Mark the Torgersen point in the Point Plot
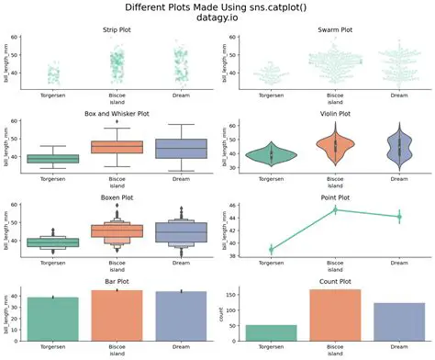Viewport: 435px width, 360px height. click(271, 249)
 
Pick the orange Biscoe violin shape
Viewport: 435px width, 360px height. click(334, 144)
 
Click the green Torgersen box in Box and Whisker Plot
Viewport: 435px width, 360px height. click(54, 158)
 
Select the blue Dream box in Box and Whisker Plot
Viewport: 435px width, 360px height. click(180, 149)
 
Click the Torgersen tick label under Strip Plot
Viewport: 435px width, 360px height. click(54, 95)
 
